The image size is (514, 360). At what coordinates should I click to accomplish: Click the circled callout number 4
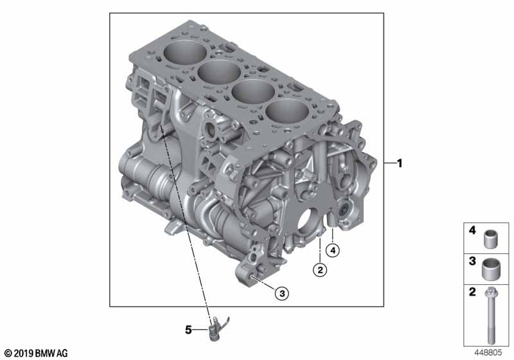(x=333, y=251)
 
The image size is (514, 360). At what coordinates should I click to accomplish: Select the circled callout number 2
(x=320, y=270)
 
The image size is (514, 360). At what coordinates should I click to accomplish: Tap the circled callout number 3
(x=282, y=293)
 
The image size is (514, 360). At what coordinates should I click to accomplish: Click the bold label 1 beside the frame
(x=399, y=163)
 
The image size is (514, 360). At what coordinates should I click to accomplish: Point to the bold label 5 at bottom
(x=188, y=330)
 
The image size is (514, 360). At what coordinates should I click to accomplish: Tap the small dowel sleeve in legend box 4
(x=491, y=239)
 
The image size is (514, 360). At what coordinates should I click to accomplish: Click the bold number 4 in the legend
(x=472, y=231)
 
